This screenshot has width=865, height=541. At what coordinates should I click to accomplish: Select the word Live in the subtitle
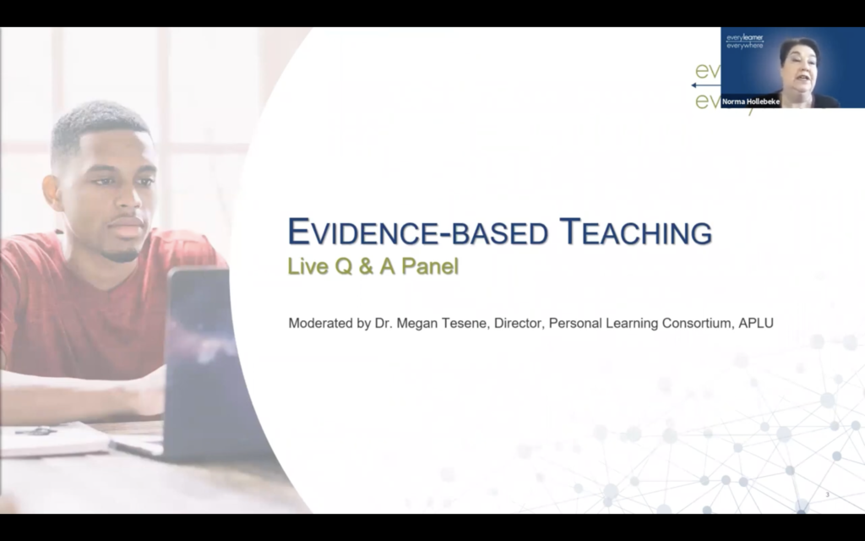pyautogui.click(x=305, y=267)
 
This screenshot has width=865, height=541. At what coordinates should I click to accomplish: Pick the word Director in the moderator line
pyautogui.click(x=516, y=322)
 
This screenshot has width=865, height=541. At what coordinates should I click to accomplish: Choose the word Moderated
pyautogui.click(x=318, y=322)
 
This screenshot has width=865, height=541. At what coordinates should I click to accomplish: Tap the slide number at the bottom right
pyautogui.click(x=827, y=495)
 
